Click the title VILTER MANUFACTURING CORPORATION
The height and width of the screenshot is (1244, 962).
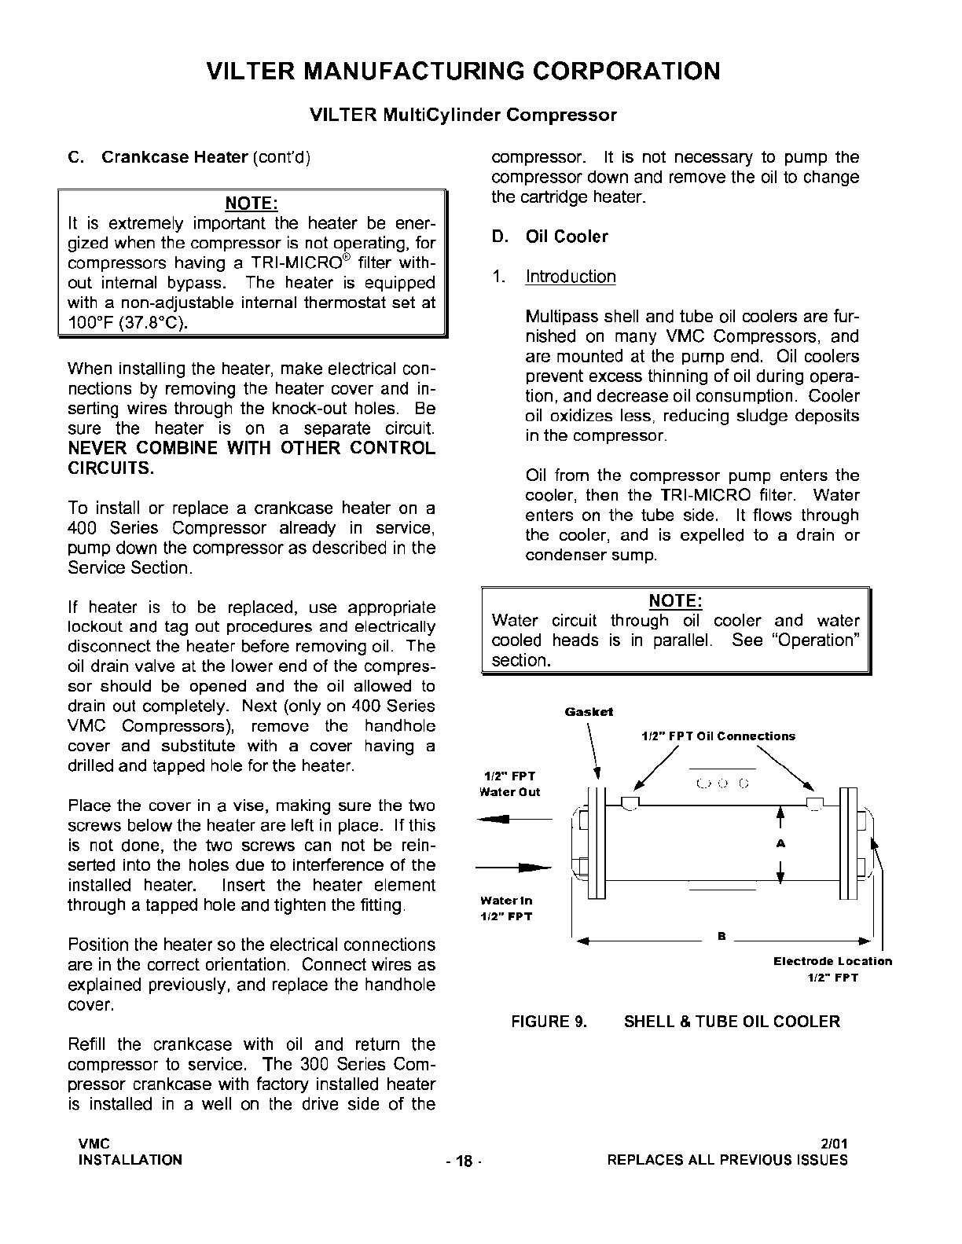463,72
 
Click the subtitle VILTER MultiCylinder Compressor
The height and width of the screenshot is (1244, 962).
463,116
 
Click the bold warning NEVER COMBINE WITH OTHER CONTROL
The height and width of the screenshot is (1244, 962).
252,449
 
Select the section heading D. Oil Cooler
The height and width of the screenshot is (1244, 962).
566,237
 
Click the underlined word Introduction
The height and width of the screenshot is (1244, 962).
571,277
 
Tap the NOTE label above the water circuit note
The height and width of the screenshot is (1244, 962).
675,601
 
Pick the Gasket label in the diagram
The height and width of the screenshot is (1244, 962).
589,712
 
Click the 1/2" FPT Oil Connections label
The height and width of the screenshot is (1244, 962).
718,736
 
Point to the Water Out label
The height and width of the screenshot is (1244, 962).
510,792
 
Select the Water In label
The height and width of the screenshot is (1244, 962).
506,901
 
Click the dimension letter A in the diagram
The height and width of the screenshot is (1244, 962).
780,844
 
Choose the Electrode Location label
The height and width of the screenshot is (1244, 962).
832,961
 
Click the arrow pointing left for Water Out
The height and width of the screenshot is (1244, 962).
496,819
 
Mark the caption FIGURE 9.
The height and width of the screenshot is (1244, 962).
549,1022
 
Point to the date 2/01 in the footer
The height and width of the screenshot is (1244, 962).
833,1143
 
